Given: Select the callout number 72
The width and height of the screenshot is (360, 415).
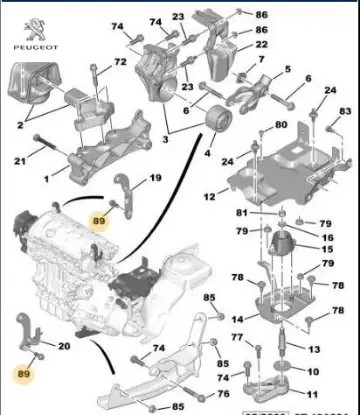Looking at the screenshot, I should tap(120, 63).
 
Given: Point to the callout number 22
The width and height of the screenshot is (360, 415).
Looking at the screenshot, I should tap(261, 45).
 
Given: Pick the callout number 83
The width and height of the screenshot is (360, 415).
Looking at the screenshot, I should tap(345, 111).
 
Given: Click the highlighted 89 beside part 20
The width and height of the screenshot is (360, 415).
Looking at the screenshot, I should tap(24, 377).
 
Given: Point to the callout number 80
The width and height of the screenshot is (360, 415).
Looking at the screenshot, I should tap(281, 125).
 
